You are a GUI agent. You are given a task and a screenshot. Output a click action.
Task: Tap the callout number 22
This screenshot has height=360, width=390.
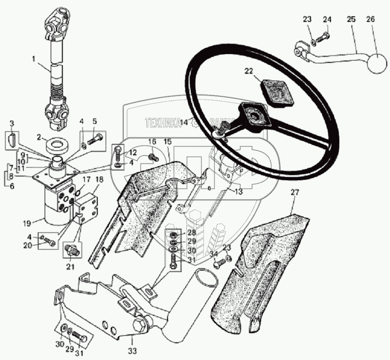(249, 71)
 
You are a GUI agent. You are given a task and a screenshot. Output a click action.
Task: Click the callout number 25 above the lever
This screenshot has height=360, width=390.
(350, 20)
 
